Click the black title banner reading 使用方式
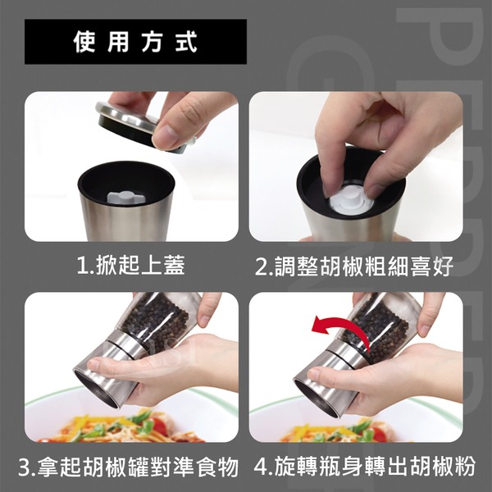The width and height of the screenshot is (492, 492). point(135,42)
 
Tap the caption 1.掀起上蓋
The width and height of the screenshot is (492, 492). point(131,266)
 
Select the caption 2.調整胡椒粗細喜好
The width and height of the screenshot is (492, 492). point(354,266)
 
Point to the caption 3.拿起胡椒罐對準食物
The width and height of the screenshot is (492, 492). point(129,467)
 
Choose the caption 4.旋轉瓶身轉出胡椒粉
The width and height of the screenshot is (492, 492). point(365,467)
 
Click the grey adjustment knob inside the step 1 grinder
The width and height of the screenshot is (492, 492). point(126,198)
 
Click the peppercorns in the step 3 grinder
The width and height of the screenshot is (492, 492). point(156,321)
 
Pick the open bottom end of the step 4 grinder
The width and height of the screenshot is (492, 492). point(317,399)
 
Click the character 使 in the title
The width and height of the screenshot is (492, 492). point(84,42)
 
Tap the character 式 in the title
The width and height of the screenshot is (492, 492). point(186,42)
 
